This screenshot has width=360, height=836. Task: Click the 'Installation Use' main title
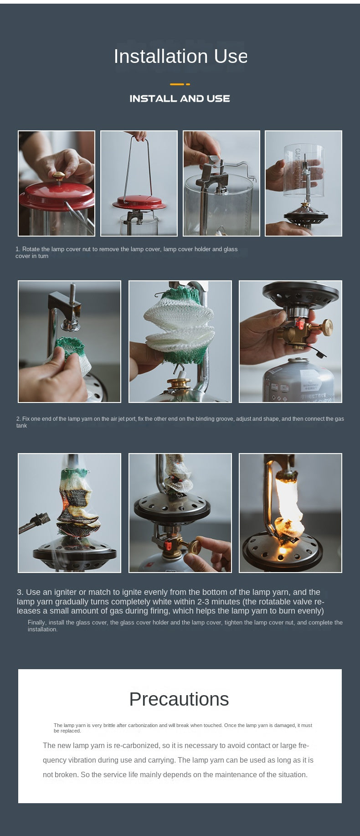tap(180, 57)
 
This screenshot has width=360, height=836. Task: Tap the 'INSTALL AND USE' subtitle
tap(180, 98)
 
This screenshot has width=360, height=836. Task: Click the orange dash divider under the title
tap(180, 84)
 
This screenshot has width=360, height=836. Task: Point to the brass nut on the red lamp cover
tap(58, 175)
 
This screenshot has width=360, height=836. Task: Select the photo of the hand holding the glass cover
tap(303, 183)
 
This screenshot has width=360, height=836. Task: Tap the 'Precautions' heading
tap(179, 699)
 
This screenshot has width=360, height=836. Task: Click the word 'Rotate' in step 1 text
tap(31, 249)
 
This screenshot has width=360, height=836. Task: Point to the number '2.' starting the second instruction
tap(19, 419)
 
